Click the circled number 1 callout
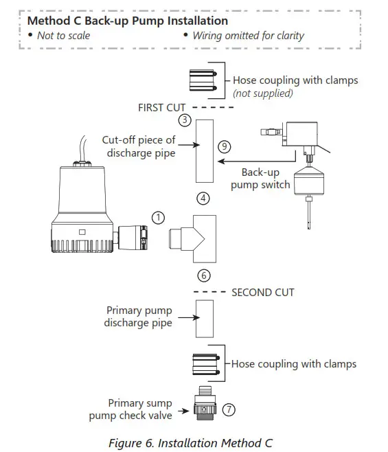(x=158, y=218)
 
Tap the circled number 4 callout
(x=203, y=199)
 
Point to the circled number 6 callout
(x=203, y=275)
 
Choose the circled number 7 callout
(x=229, y=409)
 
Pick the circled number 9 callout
(x=223, y=146)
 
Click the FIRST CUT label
(x=161, y=108)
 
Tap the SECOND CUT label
(x=263, y=292)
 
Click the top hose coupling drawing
(x=203, y=81)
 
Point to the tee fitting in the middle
(x=196, y=238)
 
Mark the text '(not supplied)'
(x=263, y=93)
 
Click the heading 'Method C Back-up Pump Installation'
(x=128, y=21)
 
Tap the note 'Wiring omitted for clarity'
(x=249, y=36)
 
